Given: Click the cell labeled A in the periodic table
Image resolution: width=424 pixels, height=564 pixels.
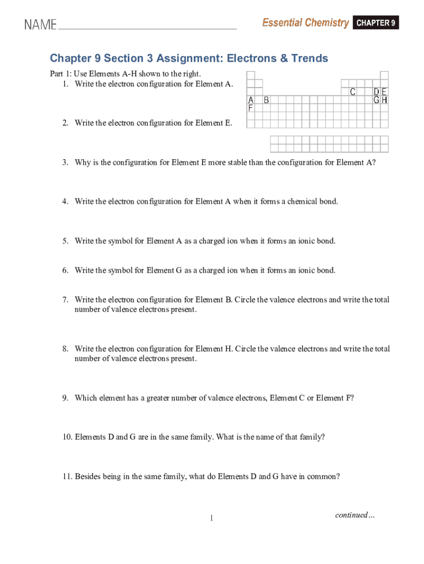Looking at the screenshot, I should pyautogui.click(x=251, y=100).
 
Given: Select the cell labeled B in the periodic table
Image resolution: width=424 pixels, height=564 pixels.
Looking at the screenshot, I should pyautogui.click(x=267, y=100).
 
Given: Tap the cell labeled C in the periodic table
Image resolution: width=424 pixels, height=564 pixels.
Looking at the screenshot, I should pyautogui.click(x=353, y=92).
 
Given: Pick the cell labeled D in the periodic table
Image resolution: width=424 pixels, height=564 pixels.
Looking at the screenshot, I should pyautogui.click(x=377, y=92).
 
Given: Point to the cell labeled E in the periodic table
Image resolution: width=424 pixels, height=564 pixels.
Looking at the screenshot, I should pyautogui.click(x=384, y=92).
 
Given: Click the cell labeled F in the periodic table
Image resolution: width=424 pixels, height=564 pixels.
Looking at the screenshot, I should pyautogui.click(x=251, y=109).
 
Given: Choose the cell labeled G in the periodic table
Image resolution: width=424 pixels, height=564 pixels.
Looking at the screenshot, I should pyautogui.click(x=377, y=100).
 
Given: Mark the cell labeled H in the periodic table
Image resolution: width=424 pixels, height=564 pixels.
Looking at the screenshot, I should pyautogui.click(x=384, y=100).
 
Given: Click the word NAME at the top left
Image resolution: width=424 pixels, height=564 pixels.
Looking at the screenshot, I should pyautogui.click(x=40, y=25).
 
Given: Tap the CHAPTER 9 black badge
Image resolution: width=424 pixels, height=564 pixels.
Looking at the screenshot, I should pyautogui.click(x=376, y=23).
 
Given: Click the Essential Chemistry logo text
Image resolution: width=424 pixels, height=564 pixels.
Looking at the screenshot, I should pyautogui.click(x=305, y=23).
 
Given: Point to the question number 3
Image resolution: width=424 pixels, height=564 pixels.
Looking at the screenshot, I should pyautogui.click(x=64, y=162).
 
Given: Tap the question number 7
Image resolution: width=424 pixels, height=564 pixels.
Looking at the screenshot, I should pyautogui.click(x=64, y=300).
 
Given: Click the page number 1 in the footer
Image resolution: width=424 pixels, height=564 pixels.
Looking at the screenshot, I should pyautogui.click(x=211, y=518).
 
